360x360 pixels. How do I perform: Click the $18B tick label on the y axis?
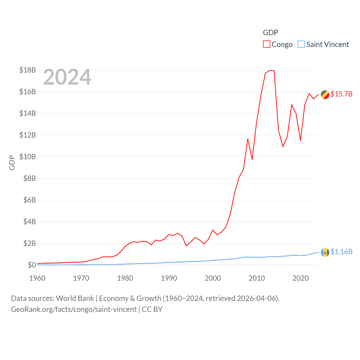28,70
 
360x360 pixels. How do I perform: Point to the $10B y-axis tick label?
28,157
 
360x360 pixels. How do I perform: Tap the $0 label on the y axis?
32,265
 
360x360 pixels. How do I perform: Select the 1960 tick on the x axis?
37,278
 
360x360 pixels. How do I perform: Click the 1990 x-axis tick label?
169,278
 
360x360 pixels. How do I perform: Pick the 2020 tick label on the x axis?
301,278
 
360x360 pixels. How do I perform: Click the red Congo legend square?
267,44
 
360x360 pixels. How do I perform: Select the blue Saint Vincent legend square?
301,44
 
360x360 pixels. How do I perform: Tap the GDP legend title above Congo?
271,33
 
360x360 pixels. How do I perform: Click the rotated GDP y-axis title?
12,163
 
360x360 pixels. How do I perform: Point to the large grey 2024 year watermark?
67,77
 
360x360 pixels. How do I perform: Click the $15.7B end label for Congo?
341,94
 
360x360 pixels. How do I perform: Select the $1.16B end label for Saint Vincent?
341,252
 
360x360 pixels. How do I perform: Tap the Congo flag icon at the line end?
325,95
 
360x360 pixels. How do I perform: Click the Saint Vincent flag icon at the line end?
325,253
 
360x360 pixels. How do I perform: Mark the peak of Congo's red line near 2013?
270,70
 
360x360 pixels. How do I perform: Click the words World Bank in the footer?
75,298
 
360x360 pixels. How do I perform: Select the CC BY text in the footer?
152,309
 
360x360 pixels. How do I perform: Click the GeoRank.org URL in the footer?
74,309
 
